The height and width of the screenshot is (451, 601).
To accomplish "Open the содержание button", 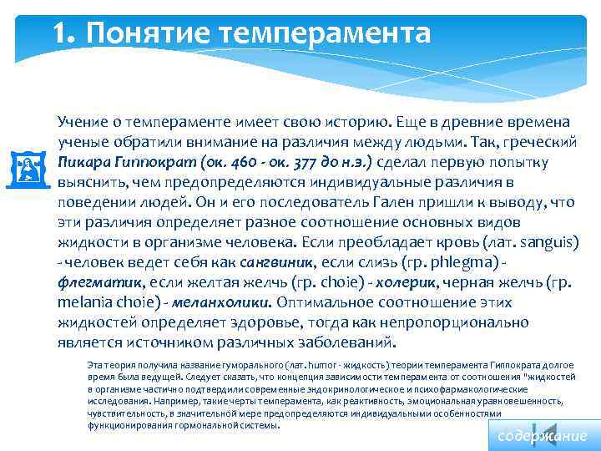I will (542, 436).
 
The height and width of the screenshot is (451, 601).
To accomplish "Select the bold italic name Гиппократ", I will (149, 161).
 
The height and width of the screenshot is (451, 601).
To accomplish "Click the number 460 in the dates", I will (231, 161).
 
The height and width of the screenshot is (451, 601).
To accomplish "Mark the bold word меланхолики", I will (223, 302).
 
